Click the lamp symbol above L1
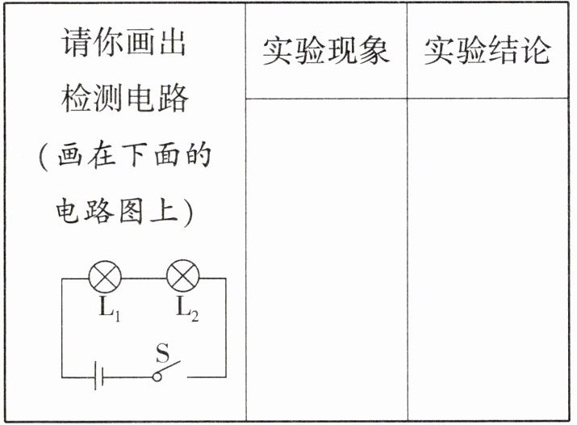tap(104, 278)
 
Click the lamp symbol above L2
tap(183, 278)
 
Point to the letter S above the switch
tap(162, 353)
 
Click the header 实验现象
tap(326, 51)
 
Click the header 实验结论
tap(488, 51)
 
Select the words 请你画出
tap(124, 42)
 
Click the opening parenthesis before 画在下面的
tap(44, 154)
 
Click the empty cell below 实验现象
tap(326, 259)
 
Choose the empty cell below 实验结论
tap(488, 259)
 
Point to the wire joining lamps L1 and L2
tap(144, 278)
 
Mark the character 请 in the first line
tap(76, 42)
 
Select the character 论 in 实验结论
tap(537, 51)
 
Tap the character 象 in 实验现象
tap(374, 51)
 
